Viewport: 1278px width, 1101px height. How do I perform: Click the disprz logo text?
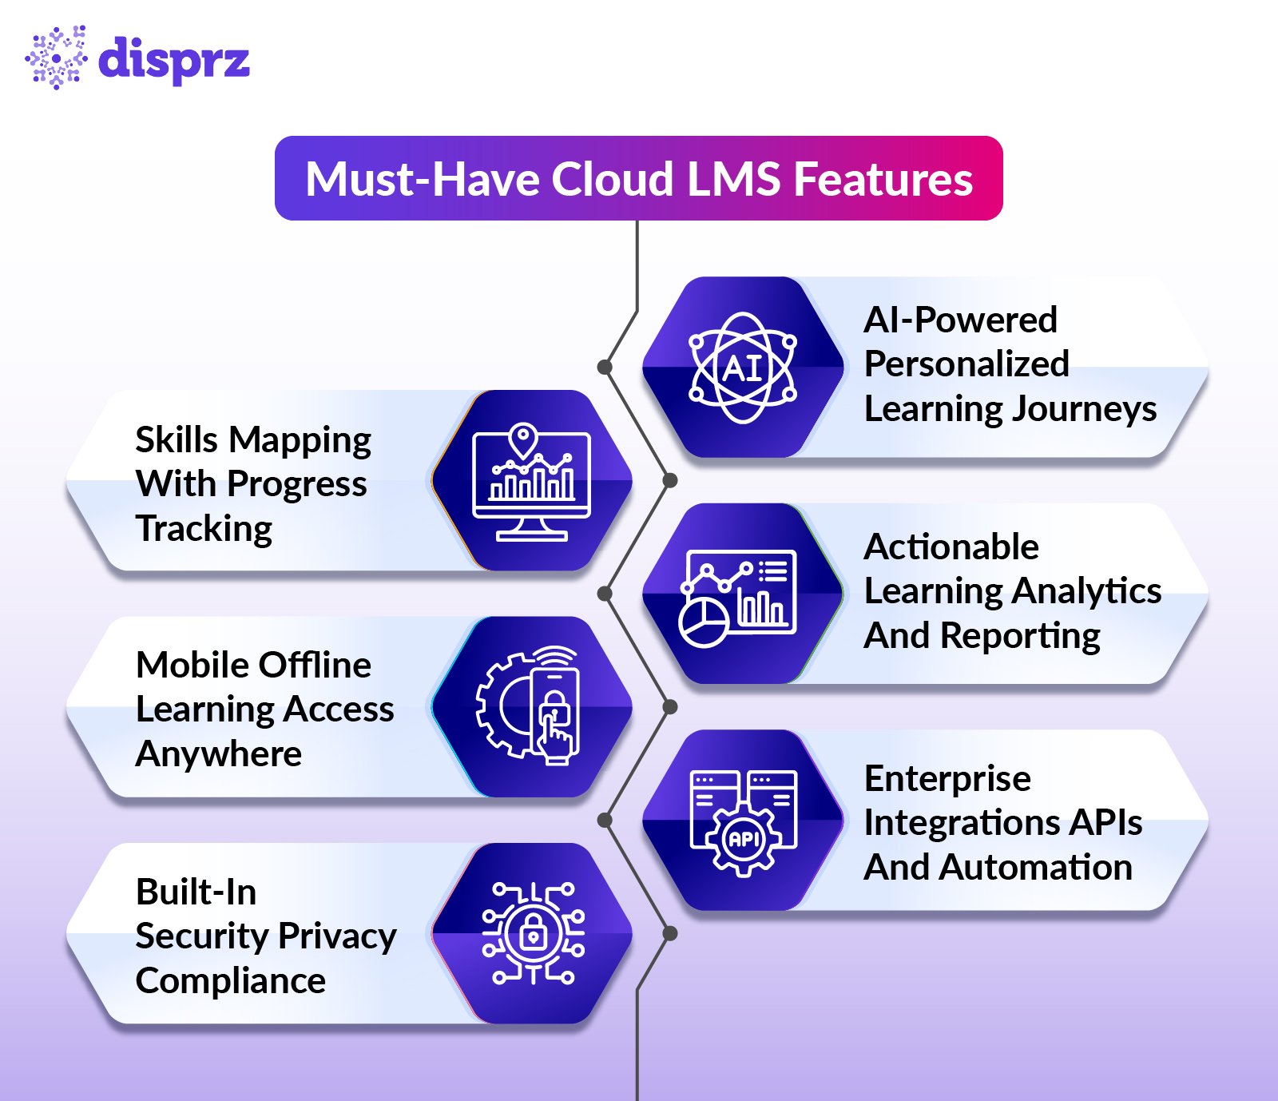tap(173, 58)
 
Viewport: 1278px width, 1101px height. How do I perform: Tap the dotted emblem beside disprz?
tap(56, 58)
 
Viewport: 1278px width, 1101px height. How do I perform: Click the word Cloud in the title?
tap(613, 179)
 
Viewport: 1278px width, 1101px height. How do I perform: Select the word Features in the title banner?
tap(883, 179)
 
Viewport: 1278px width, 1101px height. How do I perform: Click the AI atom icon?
tap(743, 368)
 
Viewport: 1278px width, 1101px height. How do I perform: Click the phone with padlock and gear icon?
tap(531, 707)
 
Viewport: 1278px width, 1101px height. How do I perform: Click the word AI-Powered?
tap(961, 320)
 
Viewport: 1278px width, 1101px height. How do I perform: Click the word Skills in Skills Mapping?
tap(177, 440)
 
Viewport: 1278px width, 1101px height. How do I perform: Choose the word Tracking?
tap(204, 529)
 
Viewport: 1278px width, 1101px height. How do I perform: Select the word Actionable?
tap(951, 547)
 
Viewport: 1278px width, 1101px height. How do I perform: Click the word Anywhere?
tap(219, 754)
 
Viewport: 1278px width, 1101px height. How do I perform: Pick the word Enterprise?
tap(947, 779)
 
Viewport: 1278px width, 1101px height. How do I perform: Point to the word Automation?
tap(1035, 868)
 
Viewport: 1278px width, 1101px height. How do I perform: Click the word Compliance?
tap(231, 981)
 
